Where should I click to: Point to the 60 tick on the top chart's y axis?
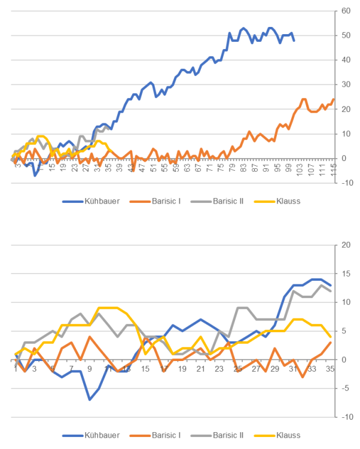pos(346,11)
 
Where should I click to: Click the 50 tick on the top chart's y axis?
pos(346,35)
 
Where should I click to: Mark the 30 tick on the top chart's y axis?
pos(346,84)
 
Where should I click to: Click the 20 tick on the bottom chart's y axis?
pos(346,245)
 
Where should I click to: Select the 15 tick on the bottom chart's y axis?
pos(346,274)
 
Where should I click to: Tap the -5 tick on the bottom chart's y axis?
pos(346,388)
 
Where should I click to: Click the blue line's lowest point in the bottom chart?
pos(90,399)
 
